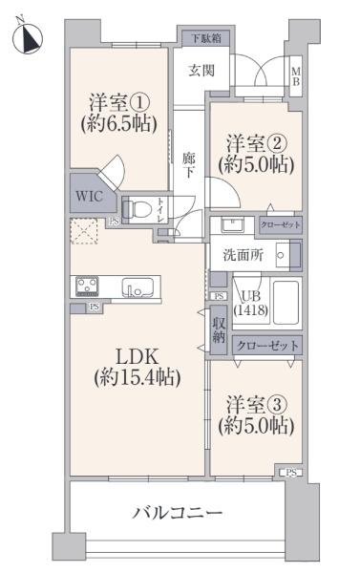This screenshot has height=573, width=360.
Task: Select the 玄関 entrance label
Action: click(201, 70)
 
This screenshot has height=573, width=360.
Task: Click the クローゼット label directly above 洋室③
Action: click(266, 346)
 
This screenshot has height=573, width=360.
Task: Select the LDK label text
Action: click(137, 356)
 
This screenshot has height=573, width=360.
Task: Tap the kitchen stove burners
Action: click(86, 286)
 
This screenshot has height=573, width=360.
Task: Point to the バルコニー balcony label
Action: click(177, 513)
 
